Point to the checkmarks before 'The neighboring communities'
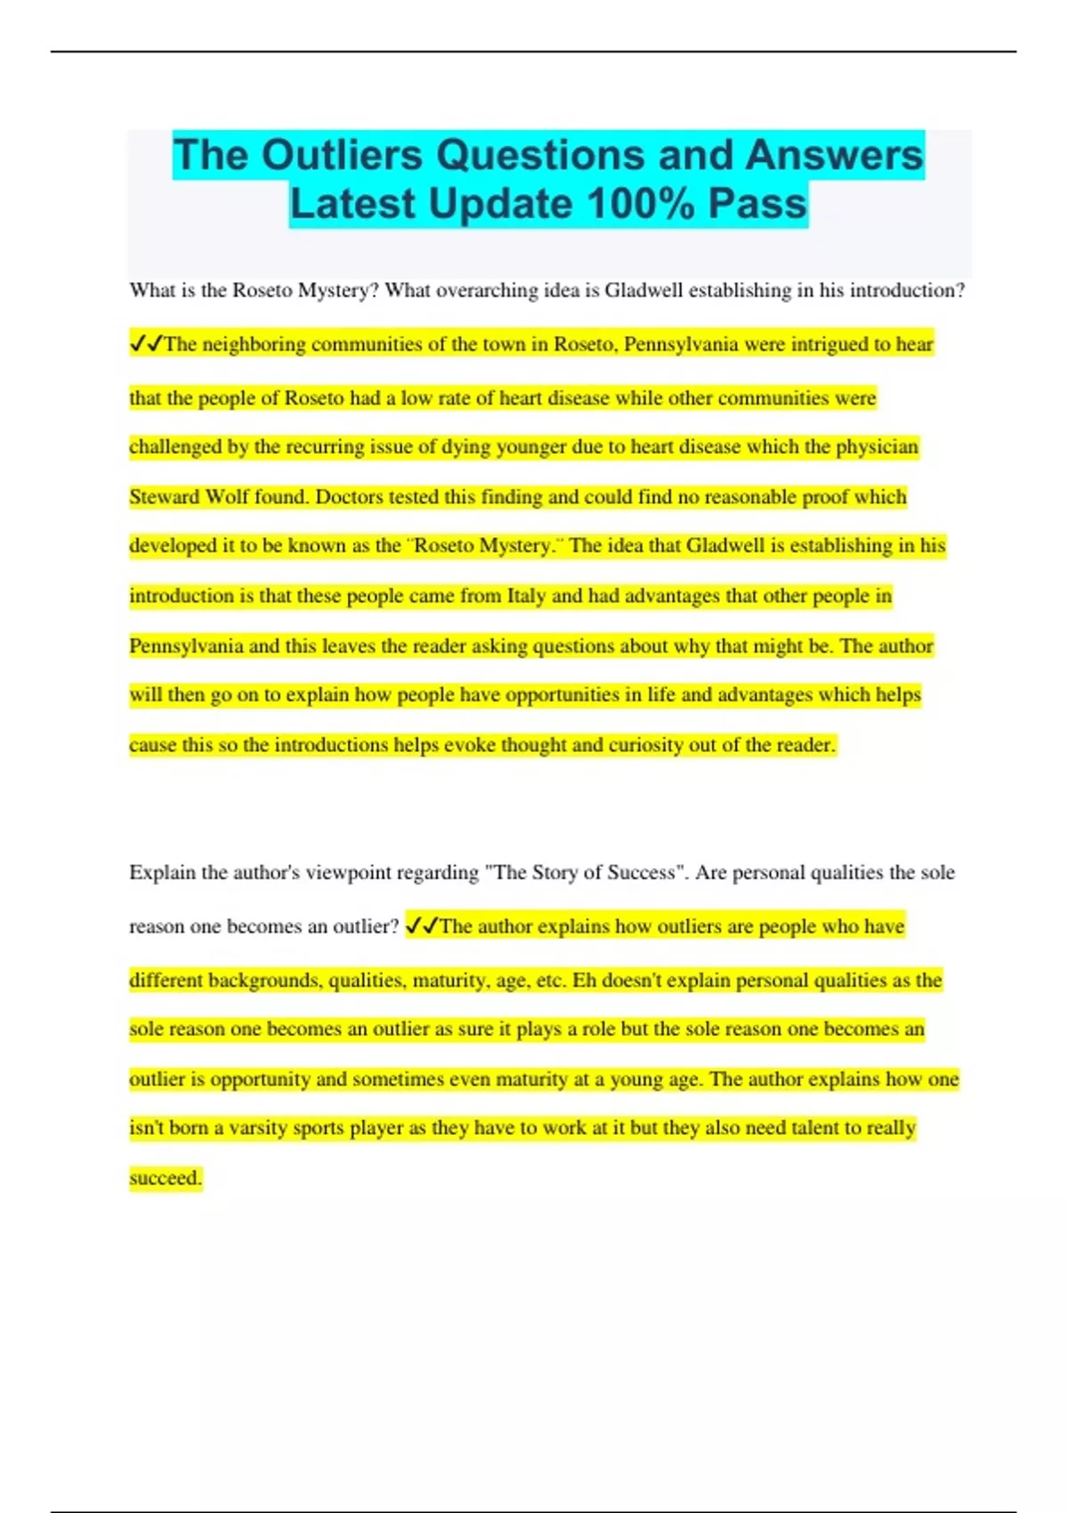pyautogui.click(x=146, y=344)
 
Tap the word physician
pyautogui.click(x=876, y=447)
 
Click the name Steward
pyautogui.click(x=164, y=497)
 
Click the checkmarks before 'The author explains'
pyautogui.click(x=421, y=926)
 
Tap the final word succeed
pyautogui.click(x=165, y=1177)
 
